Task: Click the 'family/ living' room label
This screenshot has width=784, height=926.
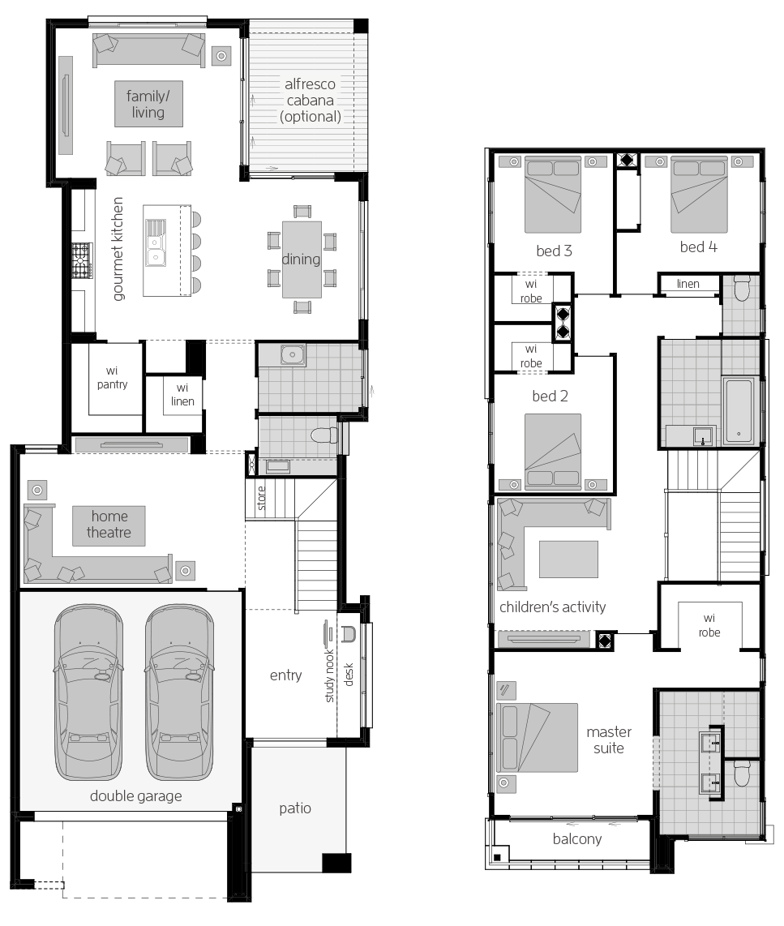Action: tap(146, 104)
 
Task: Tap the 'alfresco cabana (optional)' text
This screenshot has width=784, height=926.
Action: tap(310, 100)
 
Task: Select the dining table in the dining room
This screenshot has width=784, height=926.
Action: tap(301, 259)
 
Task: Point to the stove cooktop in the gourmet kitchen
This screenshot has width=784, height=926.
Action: tap(81, 260)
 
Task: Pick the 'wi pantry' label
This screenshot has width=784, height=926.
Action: tap(112, 378)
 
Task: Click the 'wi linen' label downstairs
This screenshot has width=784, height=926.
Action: tap(182, 394)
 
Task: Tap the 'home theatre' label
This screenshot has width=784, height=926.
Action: tap(109, 524)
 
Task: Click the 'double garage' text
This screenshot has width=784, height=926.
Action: tap(135, 795)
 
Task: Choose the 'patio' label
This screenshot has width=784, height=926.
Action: tap(295, 808)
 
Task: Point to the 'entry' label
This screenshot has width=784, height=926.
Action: tap(285, 675)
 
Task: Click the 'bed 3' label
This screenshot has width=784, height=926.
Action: tap(554, 251)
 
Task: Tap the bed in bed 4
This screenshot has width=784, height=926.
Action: tap(698, 195)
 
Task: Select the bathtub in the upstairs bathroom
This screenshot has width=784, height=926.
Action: tap(739, 409)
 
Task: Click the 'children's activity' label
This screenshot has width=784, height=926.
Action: tap(553, 607)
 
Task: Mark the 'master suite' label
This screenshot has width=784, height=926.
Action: tap(608, 740)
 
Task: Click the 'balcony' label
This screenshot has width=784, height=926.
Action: tap(577, 838)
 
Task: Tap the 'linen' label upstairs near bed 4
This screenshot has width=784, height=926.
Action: tap(688, 284)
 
